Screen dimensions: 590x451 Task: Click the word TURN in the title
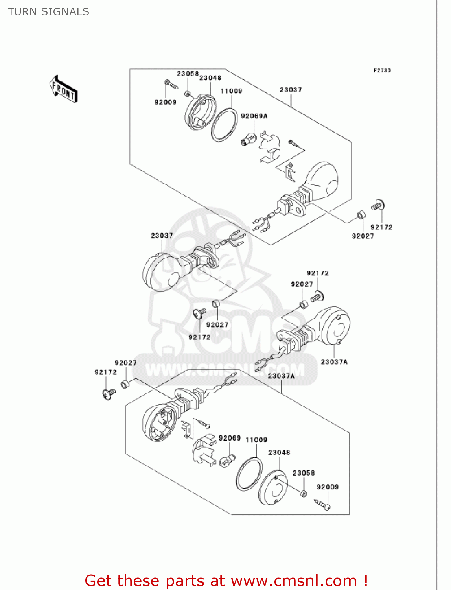(x=22, y=12)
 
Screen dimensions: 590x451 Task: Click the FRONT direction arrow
(x=63, y=89)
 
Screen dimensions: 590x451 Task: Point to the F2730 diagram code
(x=382, y=70)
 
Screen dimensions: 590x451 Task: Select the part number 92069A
(x=254, y=116)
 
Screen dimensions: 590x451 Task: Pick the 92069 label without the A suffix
(x=230, y=438)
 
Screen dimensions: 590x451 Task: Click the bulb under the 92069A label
(x=249, y=140)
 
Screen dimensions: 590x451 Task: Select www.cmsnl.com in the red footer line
(x=293, y=581)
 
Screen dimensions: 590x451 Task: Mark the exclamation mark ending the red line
(x=366, y=581)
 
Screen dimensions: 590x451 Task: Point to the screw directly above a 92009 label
(x=171, y=84)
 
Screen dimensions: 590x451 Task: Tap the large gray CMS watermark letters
(x=244, y=334)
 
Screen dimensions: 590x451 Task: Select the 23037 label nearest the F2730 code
(x=291, y=90)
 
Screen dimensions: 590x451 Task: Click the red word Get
(x=99, y=581)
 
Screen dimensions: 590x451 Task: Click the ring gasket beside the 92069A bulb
(x=224, y=124)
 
